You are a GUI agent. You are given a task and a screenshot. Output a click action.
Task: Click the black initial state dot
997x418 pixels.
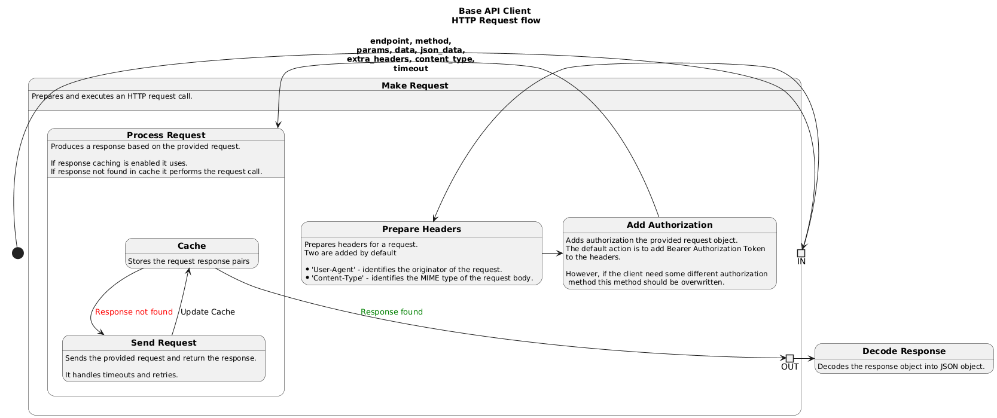click(18, 253)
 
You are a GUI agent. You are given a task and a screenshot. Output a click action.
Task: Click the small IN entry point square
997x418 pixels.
click(801, 253)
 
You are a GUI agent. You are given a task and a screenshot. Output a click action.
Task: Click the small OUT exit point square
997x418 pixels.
click(789, 358)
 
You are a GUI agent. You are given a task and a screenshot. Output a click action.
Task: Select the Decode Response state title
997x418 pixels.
click(904, 351)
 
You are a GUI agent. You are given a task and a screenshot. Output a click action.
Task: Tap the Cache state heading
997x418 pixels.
click(191, 246)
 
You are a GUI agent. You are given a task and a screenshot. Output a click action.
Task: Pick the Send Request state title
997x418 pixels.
click(163, 343)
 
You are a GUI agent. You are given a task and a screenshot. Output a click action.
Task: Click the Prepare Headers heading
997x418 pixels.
click(421, 229)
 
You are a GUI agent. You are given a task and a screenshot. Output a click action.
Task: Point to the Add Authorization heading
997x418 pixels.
click(669, 225)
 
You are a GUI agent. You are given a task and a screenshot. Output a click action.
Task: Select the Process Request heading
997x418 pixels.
click(166, 135)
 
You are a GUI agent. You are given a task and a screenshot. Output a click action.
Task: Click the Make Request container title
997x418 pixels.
click(414, 86)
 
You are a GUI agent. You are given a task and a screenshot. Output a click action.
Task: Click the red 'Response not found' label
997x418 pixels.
click(133, 312)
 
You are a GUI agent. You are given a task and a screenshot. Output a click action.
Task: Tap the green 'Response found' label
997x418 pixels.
click(391, 312)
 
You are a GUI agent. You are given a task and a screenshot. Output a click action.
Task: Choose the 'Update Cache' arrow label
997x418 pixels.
click(208, 312)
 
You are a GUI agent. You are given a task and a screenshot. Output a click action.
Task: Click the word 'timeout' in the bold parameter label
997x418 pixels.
click(410, 69)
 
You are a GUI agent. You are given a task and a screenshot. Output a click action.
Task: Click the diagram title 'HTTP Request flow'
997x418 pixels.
click(495, 21)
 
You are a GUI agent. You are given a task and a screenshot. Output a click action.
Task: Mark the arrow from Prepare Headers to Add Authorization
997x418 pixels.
click(552, 254)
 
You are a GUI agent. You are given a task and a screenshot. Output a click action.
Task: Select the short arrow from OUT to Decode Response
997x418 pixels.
click(804, 358)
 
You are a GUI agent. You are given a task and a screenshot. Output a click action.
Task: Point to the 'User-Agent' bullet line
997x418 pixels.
click(406, 270)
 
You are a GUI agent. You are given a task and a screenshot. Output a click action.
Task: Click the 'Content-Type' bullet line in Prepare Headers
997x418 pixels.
click(422, 278)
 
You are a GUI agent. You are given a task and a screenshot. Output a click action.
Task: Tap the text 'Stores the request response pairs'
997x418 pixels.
click(188, 261)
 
